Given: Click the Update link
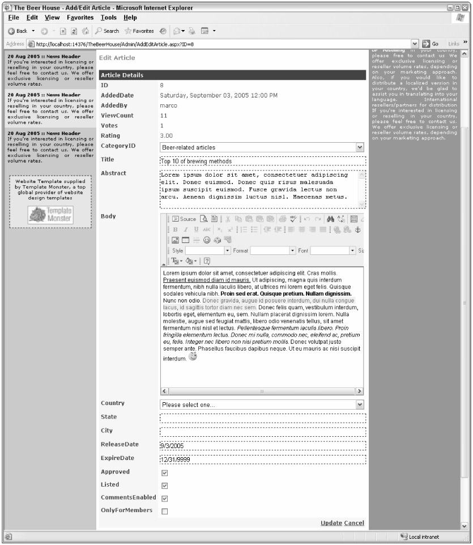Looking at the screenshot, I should point(331,522).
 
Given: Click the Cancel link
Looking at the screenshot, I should point(354,522).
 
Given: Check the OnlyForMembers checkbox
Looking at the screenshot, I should point(165,512).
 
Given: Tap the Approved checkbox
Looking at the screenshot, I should point(165,472).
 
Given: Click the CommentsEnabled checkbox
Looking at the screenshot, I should point(165,499).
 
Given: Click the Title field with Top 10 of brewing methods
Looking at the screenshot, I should point(263,161).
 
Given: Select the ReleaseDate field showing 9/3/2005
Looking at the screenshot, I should point(263,445).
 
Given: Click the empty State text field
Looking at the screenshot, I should point(263,419).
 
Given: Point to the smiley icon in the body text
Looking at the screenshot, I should point(193,357).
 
